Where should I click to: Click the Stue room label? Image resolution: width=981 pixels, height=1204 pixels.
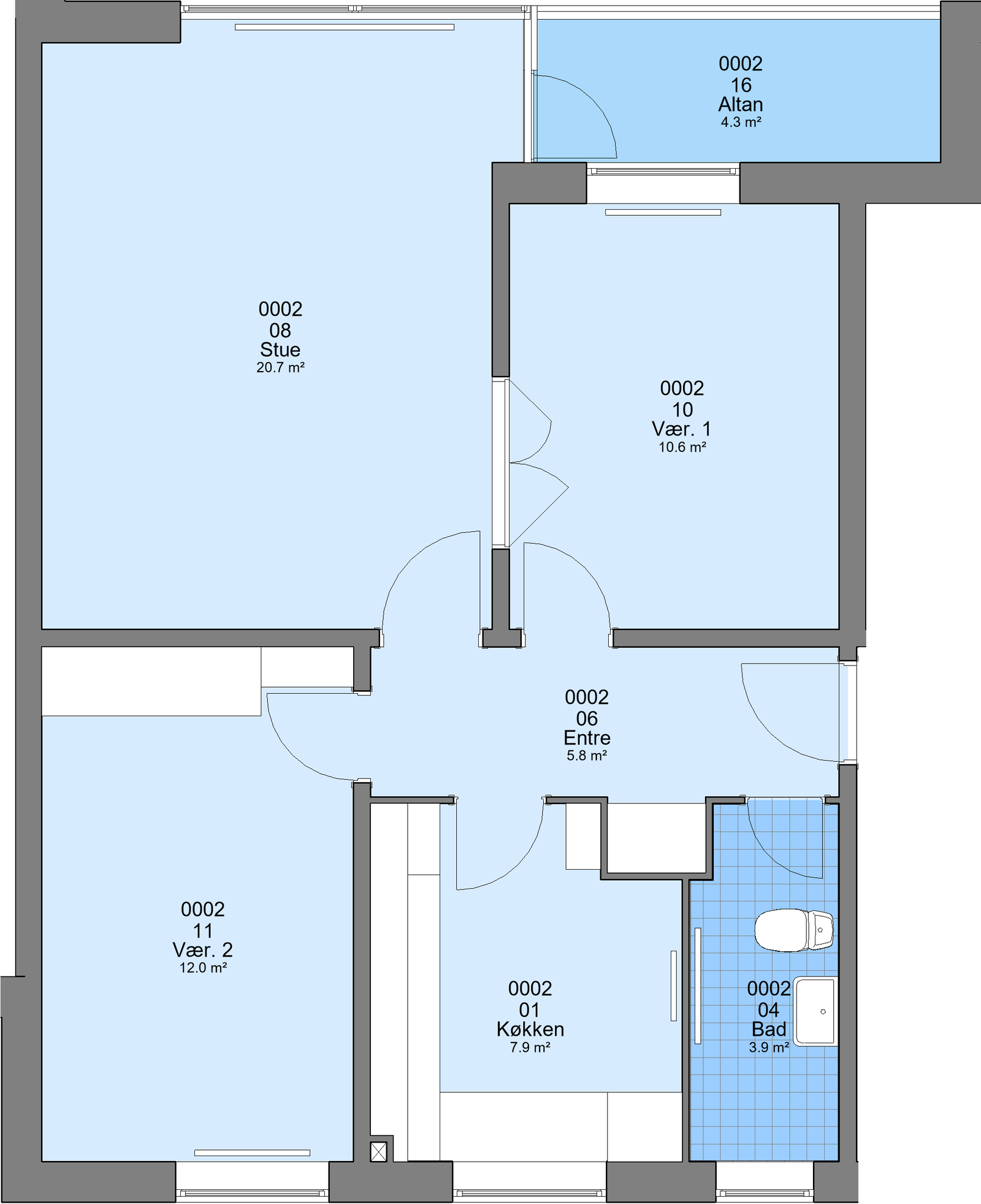pyautogui.click(x=280, y=350)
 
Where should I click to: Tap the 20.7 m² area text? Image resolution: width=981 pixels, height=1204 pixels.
pyautogui.click(x=281, y=368)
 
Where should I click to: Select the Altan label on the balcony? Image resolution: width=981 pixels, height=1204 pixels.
pyautogui.click(x=741, y=104)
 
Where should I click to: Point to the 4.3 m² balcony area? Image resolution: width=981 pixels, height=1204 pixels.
pyautogui.click(x=741, y=122)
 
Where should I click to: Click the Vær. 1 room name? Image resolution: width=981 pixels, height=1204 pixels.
pyautogui.click(x=682, y=429)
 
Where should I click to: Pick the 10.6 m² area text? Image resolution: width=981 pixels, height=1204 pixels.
pyautogui.click(x=682, y=447)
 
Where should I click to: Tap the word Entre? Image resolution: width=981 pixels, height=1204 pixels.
pyautogui.click(x=587, y=738)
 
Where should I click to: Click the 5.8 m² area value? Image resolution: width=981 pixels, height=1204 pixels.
pyautogui.click(x=587, y=756)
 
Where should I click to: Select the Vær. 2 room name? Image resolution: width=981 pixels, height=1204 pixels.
pyautogui.click(x=203, y=950)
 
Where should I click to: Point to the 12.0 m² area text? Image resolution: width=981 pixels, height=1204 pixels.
pyautogui.click(x=204, y=968)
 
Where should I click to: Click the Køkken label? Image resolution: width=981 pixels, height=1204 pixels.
pyautogui.click(x=530, y=1029)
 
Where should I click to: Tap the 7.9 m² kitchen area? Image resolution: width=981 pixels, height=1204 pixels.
pyautogui.click(x=530, y=1047)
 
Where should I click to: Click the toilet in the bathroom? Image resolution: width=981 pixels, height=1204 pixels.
pyautogui.click(x=793, y=930)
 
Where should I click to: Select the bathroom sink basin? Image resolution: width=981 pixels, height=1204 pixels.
pyautogui.click(x=815, y=1011)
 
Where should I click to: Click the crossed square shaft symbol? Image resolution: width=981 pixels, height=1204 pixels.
pyautogui.click(x=379, y=1152)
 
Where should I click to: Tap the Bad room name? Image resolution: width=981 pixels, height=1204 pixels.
pyautogui.click(x=769, y=1029)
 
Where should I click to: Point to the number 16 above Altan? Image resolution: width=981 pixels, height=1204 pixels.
pyautogui.click(x=741, y=85)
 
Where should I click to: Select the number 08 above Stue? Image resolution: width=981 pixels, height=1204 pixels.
pyautogui.click(x=280, y=330)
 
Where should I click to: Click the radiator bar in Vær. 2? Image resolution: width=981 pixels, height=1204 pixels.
pyautogui.click(x=252, y=1152)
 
